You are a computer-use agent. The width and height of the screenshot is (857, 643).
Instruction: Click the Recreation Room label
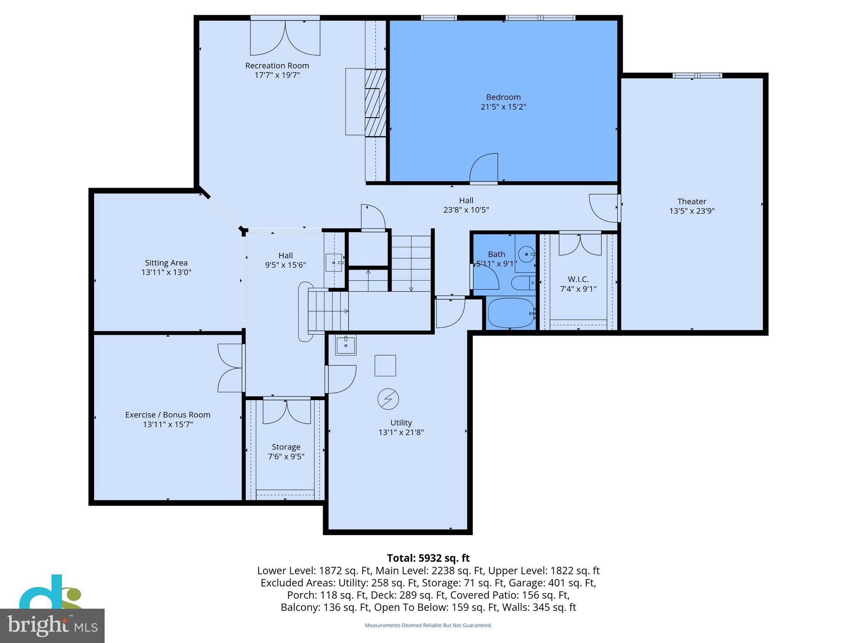pos(277,66)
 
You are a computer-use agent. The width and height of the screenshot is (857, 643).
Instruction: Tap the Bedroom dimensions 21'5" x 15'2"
pos(503,107)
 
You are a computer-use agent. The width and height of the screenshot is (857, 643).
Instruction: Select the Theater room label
pos(692,201)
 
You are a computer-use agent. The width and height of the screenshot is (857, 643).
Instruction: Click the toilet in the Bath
pos(522,283)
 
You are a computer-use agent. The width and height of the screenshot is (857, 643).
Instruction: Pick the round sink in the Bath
pos(526,254)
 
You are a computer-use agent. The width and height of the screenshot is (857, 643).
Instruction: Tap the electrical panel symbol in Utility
pos(388,399)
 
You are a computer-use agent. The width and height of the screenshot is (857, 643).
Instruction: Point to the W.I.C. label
pos(578,279)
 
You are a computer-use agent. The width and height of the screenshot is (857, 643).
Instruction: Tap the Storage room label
pos(286,447)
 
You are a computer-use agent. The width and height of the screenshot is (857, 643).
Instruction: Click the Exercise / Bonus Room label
pos(167,415)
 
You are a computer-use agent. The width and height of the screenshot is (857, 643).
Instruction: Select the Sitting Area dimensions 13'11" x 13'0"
pos(166,273)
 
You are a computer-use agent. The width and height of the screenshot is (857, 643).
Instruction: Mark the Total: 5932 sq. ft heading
pos(428,558)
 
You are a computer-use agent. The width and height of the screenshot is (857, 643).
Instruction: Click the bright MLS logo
pos(52,625)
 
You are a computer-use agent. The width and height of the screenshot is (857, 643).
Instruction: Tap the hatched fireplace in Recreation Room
pos(375,103)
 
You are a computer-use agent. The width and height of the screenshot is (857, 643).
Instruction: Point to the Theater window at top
pos(697,76)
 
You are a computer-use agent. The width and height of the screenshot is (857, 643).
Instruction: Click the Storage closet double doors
pos(287,412)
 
